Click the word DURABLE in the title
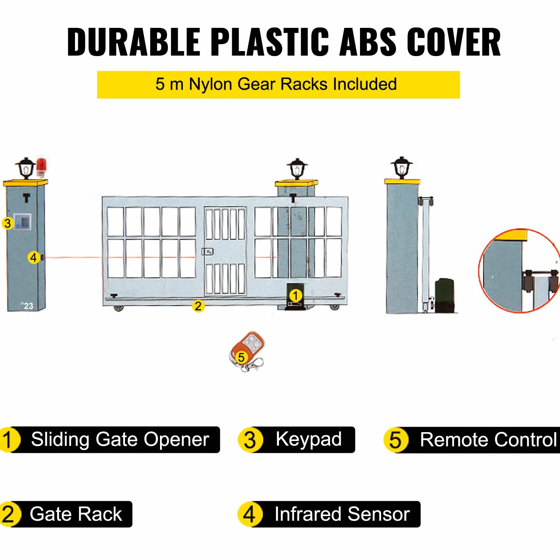pos(134,42)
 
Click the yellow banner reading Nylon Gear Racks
pos(278,85)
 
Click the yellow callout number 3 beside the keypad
pos(7,224)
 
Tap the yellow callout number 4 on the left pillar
pos(34,257)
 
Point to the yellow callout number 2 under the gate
pos(198,306)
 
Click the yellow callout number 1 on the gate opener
pos(296,296)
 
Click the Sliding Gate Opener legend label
pos(110,440)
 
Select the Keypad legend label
pos(296,440)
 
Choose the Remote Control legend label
pos(472,440)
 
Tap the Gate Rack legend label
pos(66,514)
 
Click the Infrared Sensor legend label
pos(329,514)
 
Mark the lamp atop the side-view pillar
pos(401,167)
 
